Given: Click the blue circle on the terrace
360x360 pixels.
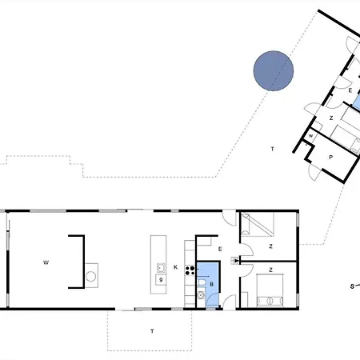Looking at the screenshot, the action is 274,71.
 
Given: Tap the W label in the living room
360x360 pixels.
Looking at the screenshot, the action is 46,262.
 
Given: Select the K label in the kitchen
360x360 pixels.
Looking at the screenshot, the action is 175,267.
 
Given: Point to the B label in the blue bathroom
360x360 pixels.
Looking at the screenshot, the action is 211,284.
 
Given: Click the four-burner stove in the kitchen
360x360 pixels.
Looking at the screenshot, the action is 190,270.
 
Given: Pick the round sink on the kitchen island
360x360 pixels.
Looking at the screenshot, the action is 161,268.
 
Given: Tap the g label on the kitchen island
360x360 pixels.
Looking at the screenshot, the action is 161,279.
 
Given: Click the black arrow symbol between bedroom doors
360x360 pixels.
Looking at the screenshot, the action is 235,261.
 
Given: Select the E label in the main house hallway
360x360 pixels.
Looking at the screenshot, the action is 220,249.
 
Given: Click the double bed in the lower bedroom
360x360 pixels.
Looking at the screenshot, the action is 270,290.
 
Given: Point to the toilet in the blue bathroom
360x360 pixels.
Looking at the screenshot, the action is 202,282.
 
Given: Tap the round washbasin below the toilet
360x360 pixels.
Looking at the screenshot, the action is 201,295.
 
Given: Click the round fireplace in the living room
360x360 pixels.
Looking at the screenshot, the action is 91,277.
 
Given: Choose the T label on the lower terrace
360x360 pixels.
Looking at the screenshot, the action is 152,331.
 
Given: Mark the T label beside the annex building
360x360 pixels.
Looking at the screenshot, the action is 272,149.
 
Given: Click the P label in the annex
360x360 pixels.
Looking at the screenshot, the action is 330,158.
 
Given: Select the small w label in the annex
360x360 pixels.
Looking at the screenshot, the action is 310,136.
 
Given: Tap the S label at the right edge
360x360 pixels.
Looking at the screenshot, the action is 352,286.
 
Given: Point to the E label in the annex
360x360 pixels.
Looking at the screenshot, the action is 350,90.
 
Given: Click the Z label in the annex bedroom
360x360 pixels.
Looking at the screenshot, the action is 331,118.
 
